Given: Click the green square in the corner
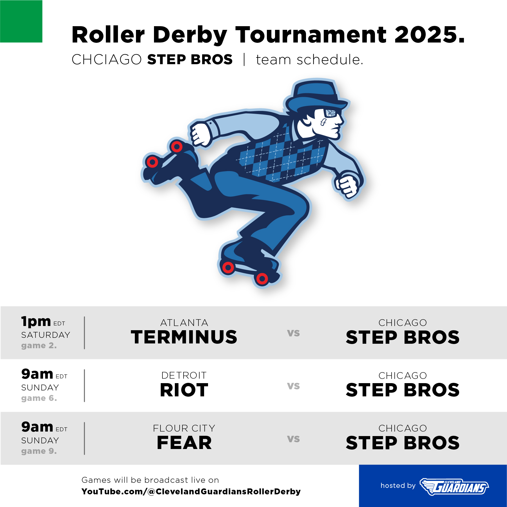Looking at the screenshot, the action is click(21, 21).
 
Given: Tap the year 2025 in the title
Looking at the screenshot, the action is click(429, 35).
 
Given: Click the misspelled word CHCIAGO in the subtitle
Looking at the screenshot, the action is click(107, 59).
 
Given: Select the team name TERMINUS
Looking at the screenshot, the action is click(184, 337).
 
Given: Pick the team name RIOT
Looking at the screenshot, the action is click(184, 390).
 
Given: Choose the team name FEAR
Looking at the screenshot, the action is click(184, 443).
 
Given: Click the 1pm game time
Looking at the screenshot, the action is click(36, 321).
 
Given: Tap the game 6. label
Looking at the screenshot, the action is click(39, 398).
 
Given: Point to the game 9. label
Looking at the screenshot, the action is click(39, 451).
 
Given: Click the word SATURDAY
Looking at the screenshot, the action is click(46, 335).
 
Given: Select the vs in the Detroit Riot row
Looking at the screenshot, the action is click(293, 386).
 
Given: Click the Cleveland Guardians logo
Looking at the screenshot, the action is click(454, 487).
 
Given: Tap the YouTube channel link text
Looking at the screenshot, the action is click(191, 492).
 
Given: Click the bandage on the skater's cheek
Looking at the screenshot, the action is click(323, 122).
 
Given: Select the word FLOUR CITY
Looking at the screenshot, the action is click(184, 428).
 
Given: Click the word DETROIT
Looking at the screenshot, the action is click(184, 375).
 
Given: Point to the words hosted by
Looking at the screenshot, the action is click(398, 486).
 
